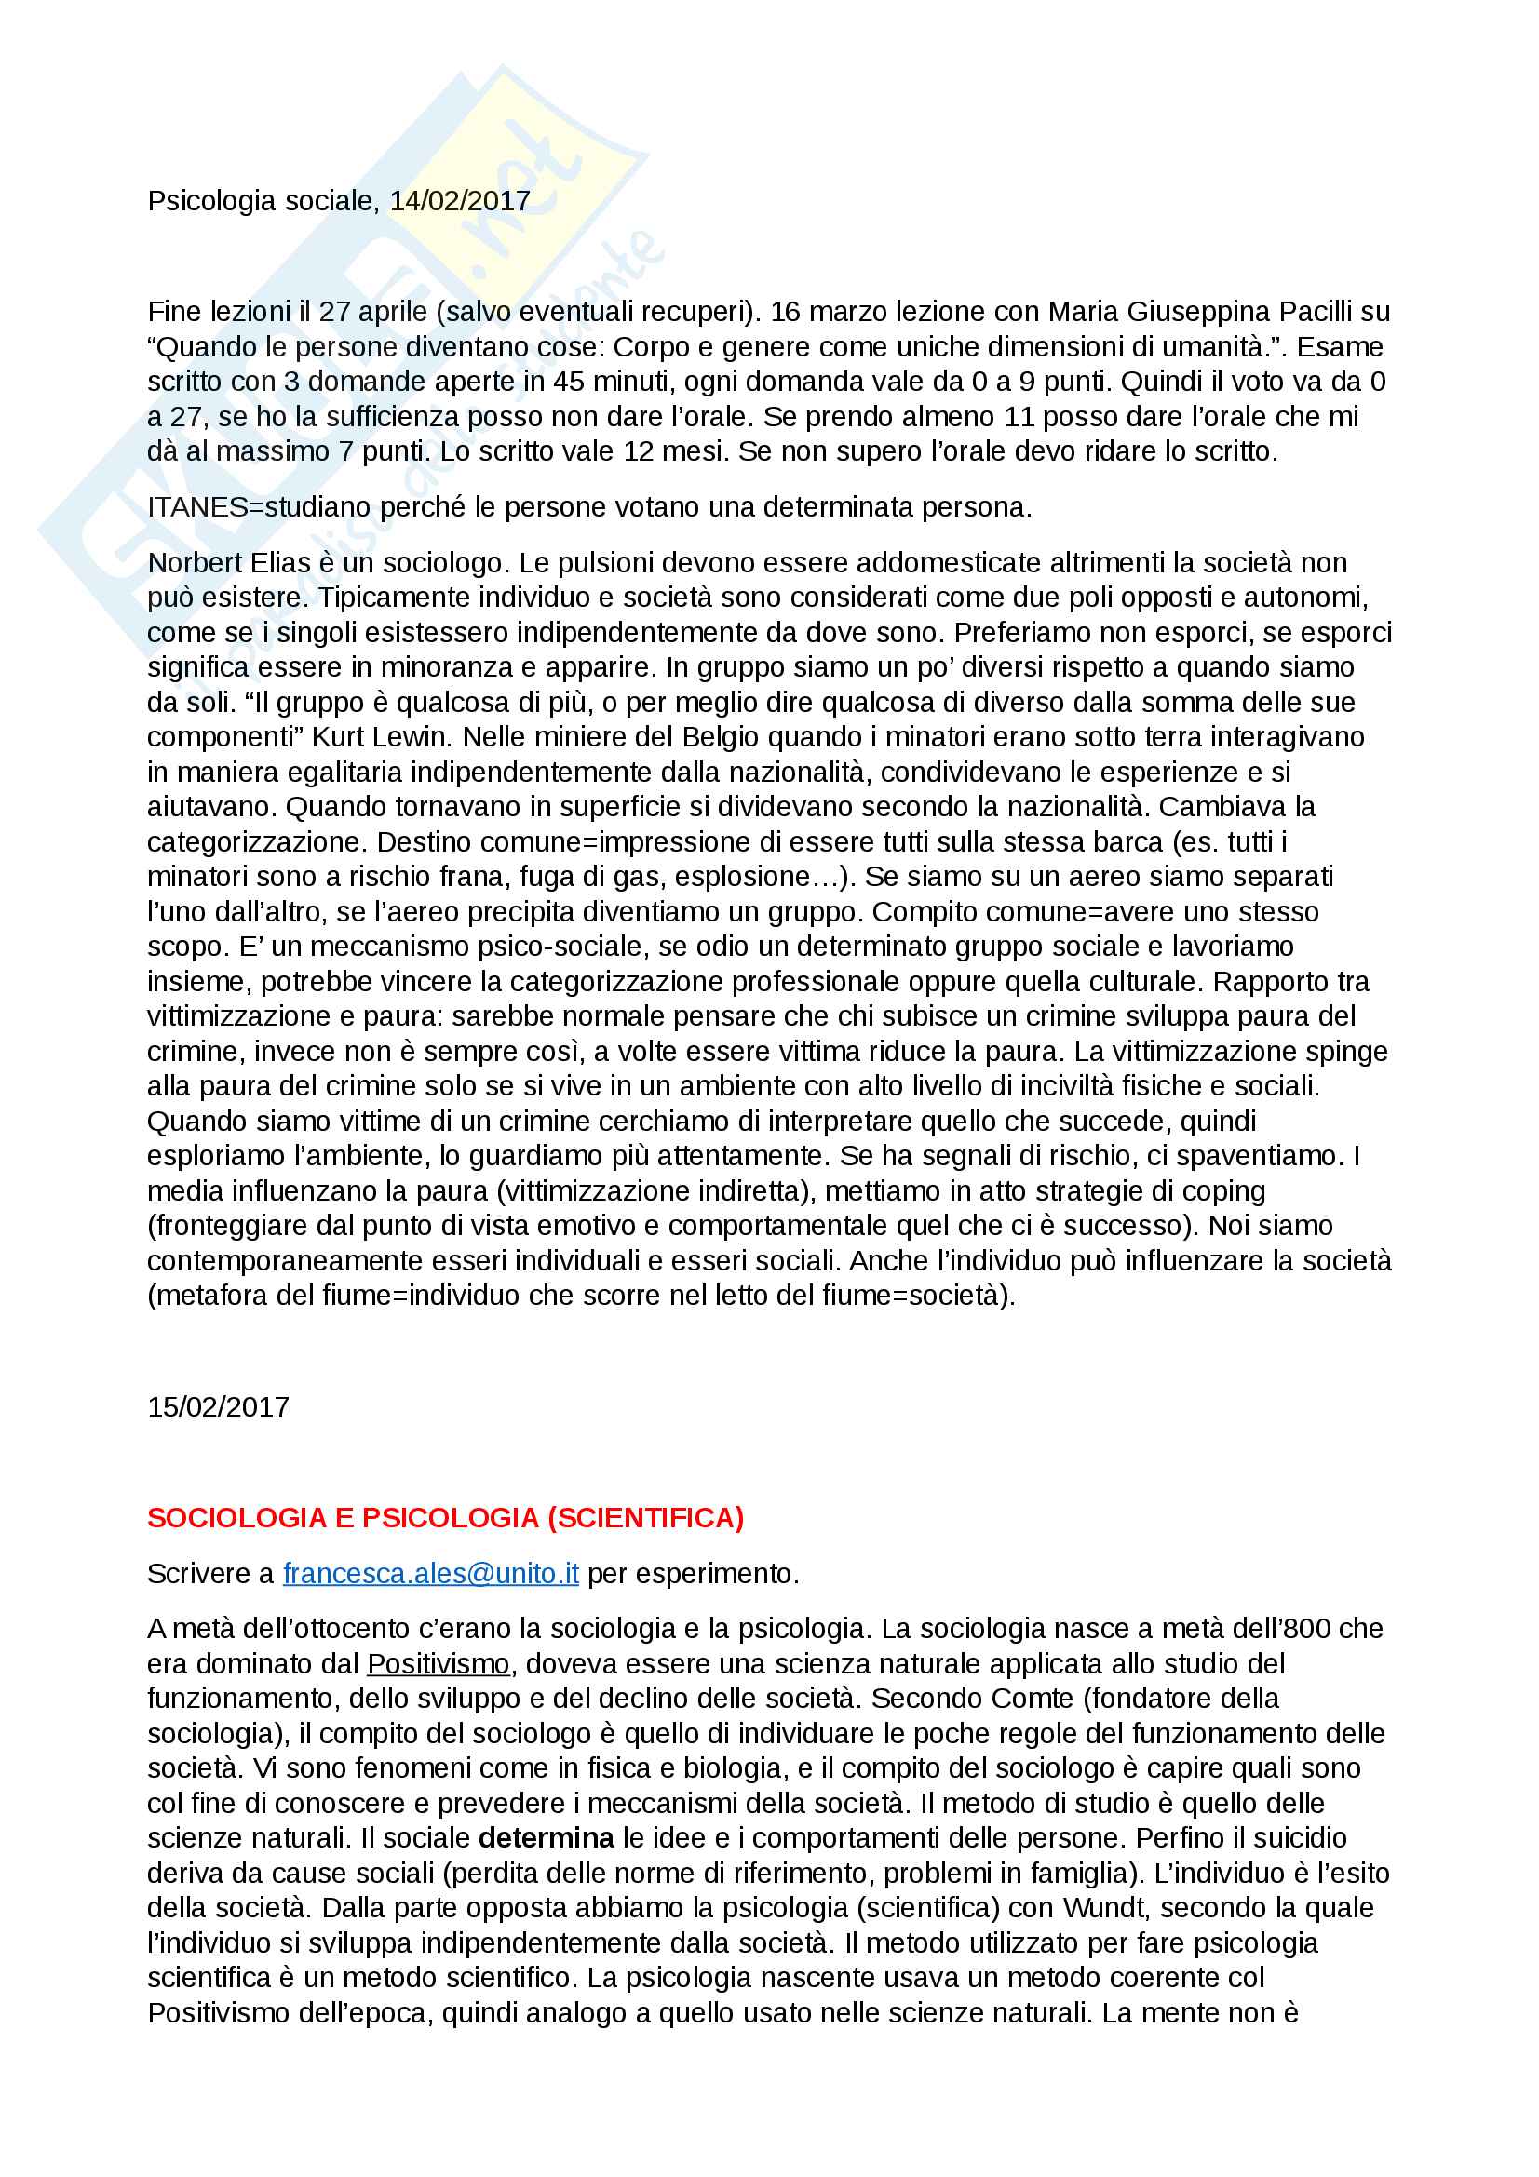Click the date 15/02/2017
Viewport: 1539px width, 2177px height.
[x=218, y=1406]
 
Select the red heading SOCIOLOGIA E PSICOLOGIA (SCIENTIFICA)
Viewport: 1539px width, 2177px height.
[x=445, y=1517]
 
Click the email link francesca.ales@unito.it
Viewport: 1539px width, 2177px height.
[x=430, y=1573]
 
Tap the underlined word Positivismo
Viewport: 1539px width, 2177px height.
[x=439, y=1663]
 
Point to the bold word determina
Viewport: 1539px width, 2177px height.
[x=547, y=1837]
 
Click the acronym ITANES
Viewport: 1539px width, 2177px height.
[x=197, y=507]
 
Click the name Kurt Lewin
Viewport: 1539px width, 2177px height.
[x=379, y=737]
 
